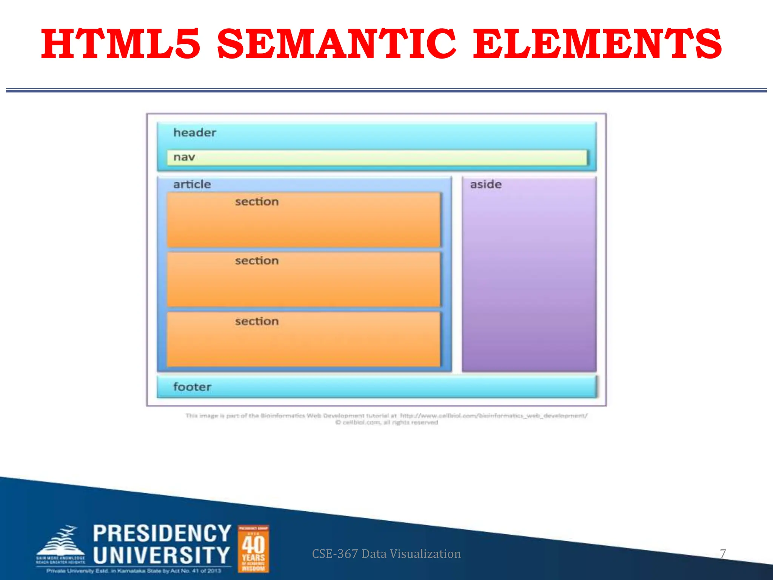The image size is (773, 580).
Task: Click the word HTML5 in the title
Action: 121,44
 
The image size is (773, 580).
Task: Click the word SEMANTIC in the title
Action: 337,44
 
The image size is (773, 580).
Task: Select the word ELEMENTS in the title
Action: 597,44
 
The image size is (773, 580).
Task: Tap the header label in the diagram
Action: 194,133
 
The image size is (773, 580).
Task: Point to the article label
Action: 192,184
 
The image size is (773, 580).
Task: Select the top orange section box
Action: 304,220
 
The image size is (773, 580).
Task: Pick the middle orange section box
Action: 304,279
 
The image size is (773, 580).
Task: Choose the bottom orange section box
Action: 304,339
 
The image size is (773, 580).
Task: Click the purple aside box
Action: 529,279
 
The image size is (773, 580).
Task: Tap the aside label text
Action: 486,184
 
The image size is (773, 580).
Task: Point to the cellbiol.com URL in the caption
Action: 494,416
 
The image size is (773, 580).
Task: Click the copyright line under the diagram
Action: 386,423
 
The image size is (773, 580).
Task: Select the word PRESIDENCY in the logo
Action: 162,533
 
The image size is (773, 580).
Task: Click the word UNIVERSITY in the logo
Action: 162,555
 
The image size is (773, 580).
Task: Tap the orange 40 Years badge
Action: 253,549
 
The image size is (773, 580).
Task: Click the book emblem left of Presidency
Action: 60,544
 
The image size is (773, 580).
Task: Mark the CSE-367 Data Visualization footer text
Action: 386,554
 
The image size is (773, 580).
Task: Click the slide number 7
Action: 723,554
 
